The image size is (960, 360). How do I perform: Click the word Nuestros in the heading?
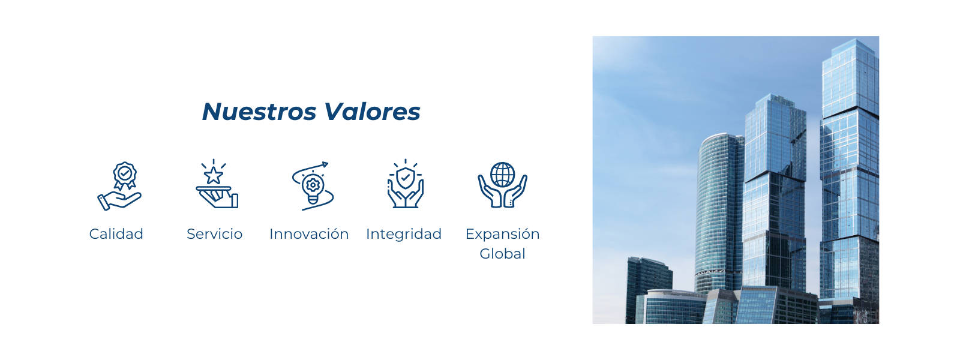259,112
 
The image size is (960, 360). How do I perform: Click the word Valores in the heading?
372,112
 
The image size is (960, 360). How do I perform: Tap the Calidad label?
116,234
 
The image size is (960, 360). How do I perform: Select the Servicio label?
214,234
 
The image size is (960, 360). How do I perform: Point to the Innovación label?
309,234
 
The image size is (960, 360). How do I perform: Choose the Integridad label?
404,234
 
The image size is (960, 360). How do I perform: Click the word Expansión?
502,234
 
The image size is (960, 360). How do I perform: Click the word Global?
502,254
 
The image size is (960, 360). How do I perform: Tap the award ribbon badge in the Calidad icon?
125,175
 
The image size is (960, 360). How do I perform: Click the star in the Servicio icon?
214,175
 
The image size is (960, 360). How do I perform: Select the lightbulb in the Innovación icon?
313,188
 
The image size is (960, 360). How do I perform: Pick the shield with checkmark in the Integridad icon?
406,178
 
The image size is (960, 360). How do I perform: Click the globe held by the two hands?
503,175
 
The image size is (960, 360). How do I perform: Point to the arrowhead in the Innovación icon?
325,164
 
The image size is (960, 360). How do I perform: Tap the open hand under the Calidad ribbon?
119,200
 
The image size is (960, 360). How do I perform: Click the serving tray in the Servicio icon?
214,188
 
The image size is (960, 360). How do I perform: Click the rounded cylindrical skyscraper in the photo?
719,213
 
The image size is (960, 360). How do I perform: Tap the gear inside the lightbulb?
313,185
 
